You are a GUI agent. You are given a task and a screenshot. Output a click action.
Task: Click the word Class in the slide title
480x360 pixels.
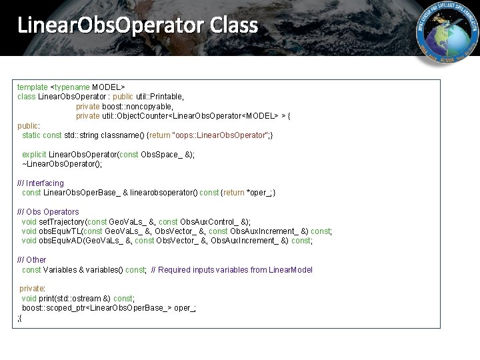click(233, 25)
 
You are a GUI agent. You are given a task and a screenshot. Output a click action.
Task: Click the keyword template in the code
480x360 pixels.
click(33, 87)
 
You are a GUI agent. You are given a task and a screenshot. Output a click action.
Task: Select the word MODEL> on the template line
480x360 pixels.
click(109, 87)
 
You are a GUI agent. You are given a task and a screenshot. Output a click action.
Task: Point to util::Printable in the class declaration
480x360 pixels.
click(160, 97)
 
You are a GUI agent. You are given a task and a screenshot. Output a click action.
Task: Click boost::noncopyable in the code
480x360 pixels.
click(137, 107)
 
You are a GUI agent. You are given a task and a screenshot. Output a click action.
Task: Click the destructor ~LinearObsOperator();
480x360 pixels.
click(62, 164)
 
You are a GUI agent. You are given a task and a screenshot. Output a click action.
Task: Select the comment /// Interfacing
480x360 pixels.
click(41, 183)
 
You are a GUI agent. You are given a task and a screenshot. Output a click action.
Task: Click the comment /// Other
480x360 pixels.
click(32, 260)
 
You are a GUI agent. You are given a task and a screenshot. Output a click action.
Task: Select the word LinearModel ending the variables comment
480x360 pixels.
click(291, 270)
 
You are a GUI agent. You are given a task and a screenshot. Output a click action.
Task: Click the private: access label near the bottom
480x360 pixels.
click(32, 289)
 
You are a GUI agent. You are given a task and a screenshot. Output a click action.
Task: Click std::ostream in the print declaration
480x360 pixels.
click(77, 299)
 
